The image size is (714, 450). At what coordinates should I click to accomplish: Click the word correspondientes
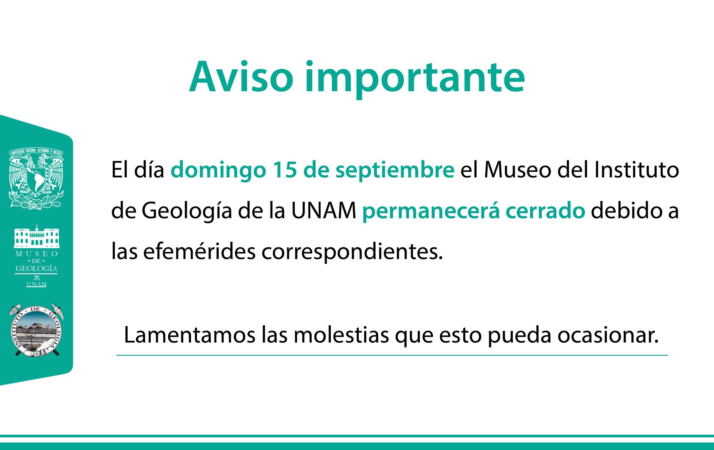click(352, 253)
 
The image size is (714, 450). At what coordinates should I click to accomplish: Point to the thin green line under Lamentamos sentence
click(392, 355)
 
